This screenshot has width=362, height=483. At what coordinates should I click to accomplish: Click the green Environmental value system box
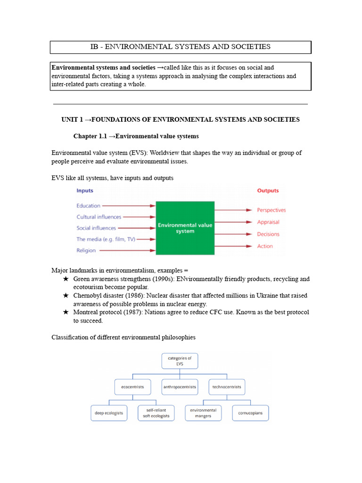pos(185,228)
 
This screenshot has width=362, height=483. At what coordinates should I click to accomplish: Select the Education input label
pos(89,206)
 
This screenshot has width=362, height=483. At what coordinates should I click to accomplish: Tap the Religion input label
pos(86,250)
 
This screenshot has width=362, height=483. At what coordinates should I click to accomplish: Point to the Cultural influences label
pos(99,217)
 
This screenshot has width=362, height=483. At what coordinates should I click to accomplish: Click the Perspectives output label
pos(271,210)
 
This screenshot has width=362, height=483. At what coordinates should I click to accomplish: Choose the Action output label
pos(264,246)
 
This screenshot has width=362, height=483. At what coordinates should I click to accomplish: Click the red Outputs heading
pos(268,191)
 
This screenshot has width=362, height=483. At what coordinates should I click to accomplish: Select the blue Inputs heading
pos(85,191)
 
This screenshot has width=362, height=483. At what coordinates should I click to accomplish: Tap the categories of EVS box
pos(180,361)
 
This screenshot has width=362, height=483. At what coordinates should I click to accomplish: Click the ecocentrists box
pos(132,387)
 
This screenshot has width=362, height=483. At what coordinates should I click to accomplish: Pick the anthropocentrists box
pos(179,387)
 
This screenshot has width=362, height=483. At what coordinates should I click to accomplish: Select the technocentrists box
pos(227,387)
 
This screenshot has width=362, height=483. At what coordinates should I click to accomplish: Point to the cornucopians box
pos(250,413)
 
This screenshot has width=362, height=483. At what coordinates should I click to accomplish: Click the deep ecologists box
pos(109,413)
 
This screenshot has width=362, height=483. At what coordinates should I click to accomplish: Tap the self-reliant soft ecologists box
pos(156,413)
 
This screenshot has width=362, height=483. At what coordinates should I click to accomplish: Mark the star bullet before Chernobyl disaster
pos(66,296)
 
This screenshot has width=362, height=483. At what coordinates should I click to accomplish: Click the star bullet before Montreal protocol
pos(66,312)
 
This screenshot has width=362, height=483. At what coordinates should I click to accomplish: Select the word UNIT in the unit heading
pos(70,119)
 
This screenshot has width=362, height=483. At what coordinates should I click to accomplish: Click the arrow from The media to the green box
pos(146,240)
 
